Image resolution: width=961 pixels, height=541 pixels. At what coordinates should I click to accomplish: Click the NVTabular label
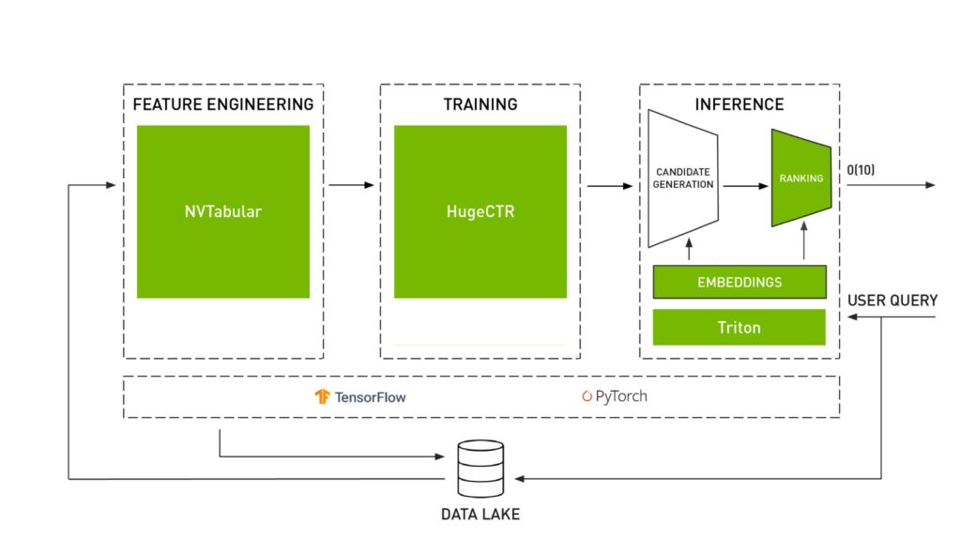[222, 211]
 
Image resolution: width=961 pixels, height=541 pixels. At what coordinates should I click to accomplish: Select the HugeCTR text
[480, 211]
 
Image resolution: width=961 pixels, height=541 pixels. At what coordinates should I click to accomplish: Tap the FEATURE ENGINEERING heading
[223, 104]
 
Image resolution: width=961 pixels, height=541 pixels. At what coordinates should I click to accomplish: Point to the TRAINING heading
[480, 104]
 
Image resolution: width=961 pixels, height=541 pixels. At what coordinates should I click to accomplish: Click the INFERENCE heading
[739, 104]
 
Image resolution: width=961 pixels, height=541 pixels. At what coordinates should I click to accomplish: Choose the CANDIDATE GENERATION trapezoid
[683, 178]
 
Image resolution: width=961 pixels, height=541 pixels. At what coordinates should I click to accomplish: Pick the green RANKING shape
[801, 178]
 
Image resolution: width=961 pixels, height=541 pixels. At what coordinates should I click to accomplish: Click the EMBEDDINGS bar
[739, 282]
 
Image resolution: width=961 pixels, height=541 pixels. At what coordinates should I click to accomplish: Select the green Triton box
[739, 328]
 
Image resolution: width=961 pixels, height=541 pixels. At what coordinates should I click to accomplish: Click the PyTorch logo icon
[587, 396]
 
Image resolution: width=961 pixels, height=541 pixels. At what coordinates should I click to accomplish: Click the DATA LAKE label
[480, 515]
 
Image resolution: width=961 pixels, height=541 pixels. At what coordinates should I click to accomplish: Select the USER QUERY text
[892, 301]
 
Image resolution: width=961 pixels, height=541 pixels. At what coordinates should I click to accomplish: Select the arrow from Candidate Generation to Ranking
[745, 186]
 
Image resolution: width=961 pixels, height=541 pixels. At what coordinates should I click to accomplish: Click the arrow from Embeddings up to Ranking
[805, 246]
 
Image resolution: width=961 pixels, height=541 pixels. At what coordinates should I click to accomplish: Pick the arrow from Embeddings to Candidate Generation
[689, 249]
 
